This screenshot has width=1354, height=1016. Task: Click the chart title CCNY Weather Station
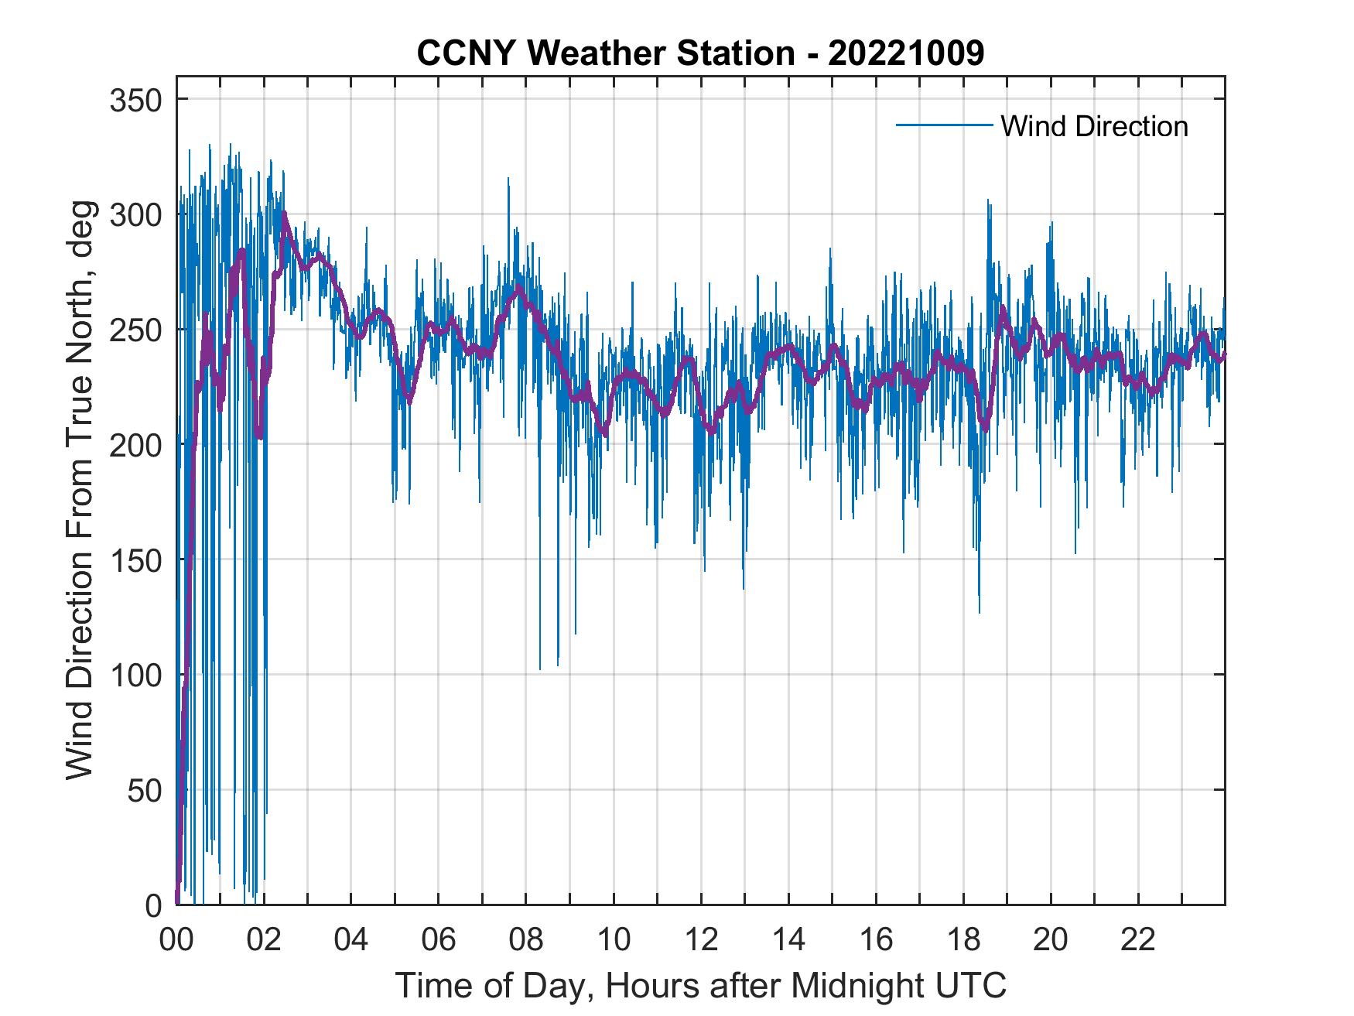700,53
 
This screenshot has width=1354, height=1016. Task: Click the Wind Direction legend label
1094,126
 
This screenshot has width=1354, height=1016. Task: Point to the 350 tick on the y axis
135,100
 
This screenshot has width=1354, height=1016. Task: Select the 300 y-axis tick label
135,214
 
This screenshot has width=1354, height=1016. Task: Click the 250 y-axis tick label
135,330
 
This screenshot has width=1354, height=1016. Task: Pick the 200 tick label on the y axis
135,445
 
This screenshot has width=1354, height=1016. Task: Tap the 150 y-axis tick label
135,559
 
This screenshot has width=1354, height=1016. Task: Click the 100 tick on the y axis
135,675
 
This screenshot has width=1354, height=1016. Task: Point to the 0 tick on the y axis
153,905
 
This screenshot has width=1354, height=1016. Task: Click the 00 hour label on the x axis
176,941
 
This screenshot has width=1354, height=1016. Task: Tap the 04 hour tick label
351,941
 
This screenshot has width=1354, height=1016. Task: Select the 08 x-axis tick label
526,941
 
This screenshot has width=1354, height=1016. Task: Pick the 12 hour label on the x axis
701,941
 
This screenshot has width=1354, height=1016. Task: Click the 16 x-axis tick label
876,941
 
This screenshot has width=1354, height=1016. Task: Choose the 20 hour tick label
1051,941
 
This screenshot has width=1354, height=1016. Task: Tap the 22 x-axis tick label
1138,941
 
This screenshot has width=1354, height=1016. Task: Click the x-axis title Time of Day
700,985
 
